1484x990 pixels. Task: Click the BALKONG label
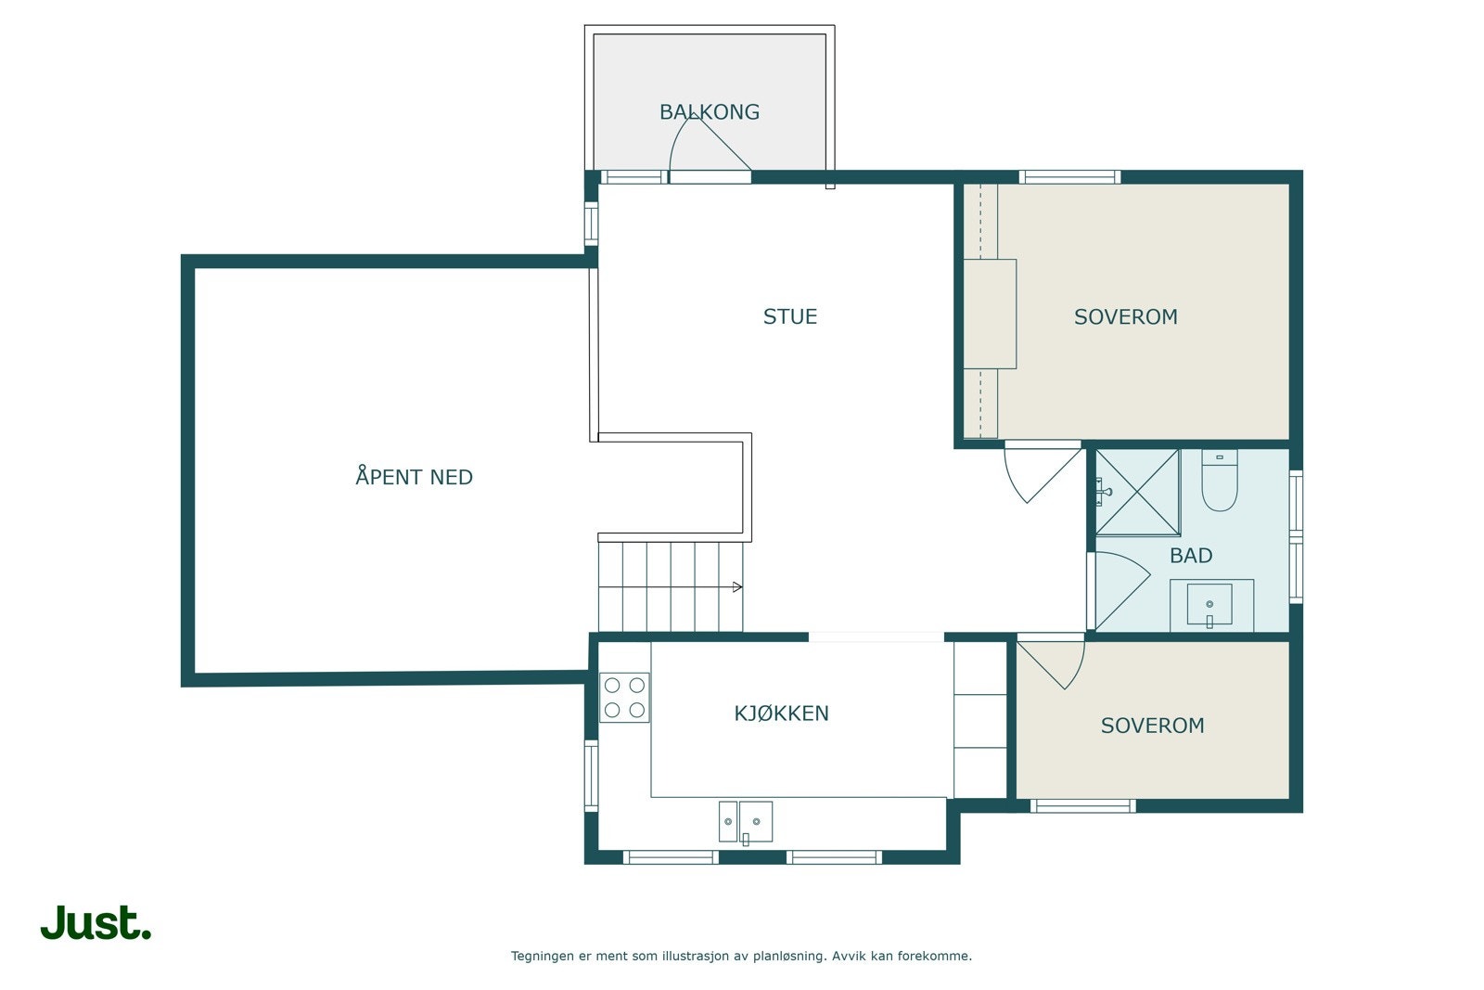tap(709, 112)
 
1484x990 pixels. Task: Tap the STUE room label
tap(789, 316)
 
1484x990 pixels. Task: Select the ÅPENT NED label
tap(414, 476)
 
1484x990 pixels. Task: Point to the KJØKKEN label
tap(781, 713)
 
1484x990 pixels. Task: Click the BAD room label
tap(1191, 555)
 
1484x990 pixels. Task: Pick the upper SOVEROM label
tap(1126, 316)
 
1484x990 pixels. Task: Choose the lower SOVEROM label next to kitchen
tap(1152, 726)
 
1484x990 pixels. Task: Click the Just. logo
tap(96, 922)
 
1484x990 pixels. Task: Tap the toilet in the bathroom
tap(1219, 481)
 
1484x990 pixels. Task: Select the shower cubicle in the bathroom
tap(1137, 493)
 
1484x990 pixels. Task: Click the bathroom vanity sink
tap(1209, 604)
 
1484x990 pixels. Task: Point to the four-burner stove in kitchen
tap(624, 697)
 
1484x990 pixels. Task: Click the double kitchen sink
tap(746, 822)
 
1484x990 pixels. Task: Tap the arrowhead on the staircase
tap(737, 587)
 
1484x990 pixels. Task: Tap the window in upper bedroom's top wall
tap(1069, 177)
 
